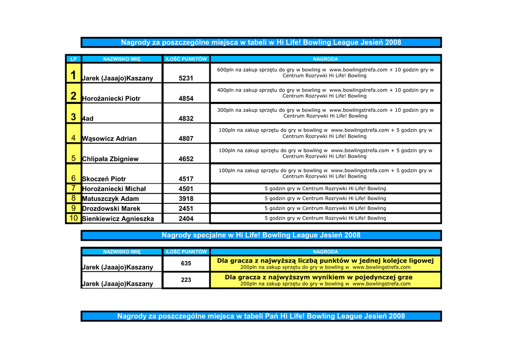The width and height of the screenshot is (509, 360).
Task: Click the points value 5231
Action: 186,78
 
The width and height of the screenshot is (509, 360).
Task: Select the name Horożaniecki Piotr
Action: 111,98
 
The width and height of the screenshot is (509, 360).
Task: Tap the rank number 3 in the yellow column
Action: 73,117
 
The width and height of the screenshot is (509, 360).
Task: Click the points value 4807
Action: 186,139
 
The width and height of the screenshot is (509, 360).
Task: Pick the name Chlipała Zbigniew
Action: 110,159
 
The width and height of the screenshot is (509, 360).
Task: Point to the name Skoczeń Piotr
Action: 104,179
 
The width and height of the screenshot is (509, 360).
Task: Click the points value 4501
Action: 186,189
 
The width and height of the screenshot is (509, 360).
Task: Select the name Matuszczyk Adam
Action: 110,199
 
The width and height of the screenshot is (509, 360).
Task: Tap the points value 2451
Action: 186,209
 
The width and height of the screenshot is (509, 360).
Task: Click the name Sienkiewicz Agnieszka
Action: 118,219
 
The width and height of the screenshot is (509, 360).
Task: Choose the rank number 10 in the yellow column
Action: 73,218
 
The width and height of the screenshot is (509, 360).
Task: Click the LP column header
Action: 73,59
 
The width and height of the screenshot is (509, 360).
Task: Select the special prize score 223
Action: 186,280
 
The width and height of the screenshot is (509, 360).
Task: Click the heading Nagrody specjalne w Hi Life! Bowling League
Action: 261,235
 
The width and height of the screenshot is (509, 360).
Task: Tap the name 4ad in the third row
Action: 88,119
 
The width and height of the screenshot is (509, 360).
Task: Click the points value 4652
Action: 186,159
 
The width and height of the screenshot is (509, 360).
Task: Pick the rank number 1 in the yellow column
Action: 73,76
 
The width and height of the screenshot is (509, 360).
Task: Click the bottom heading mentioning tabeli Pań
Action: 261,316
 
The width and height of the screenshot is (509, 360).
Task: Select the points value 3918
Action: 186,199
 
